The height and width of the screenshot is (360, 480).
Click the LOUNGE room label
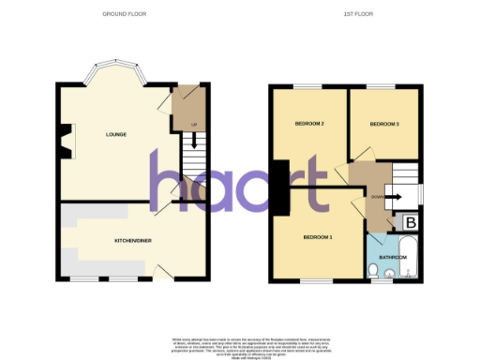coord(115,135)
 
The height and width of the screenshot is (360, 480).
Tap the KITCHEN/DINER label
coord(133,239)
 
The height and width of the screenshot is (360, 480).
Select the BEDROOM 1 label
coord(317,237)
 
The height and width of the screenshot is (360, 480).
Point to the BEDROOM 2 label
coord(309,124)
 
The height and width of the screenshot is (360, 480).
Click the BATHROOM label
coord(392,255)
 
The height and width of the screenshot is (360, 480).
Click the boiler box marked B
coord(411,222)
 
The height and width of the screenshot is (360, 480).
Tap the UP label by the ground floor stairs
coord(193,124)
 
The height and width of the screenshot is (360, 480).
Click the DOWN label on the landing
coord(375,197)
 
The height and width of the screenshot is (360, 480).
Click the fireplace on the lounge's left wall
coord(62,141)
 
